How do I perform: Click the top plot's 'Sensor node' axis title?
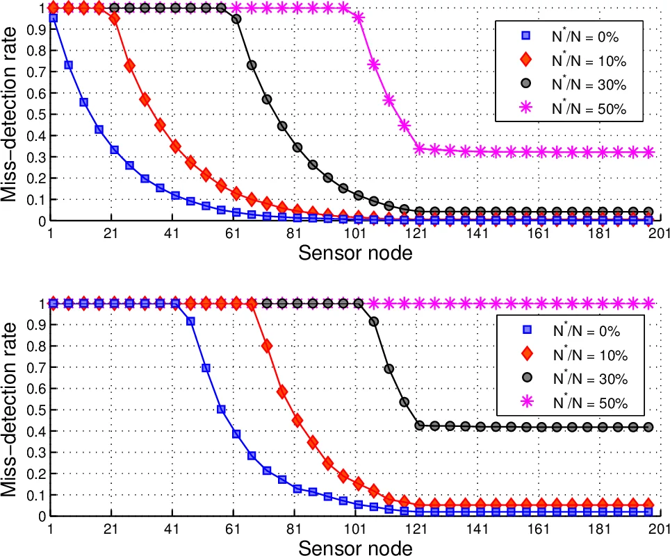[x=355, y=253]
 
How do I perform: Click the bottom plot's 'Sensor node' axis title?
[x=355, y=548]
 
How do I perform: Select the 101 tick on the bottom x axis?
[x=355, y=528]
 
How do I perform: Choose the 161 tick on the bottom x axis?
[x=538, y=528]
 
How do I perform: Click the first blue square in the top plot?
[x=53, y=19]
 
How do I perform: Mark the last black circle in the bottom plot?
[x=648, y=427]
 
